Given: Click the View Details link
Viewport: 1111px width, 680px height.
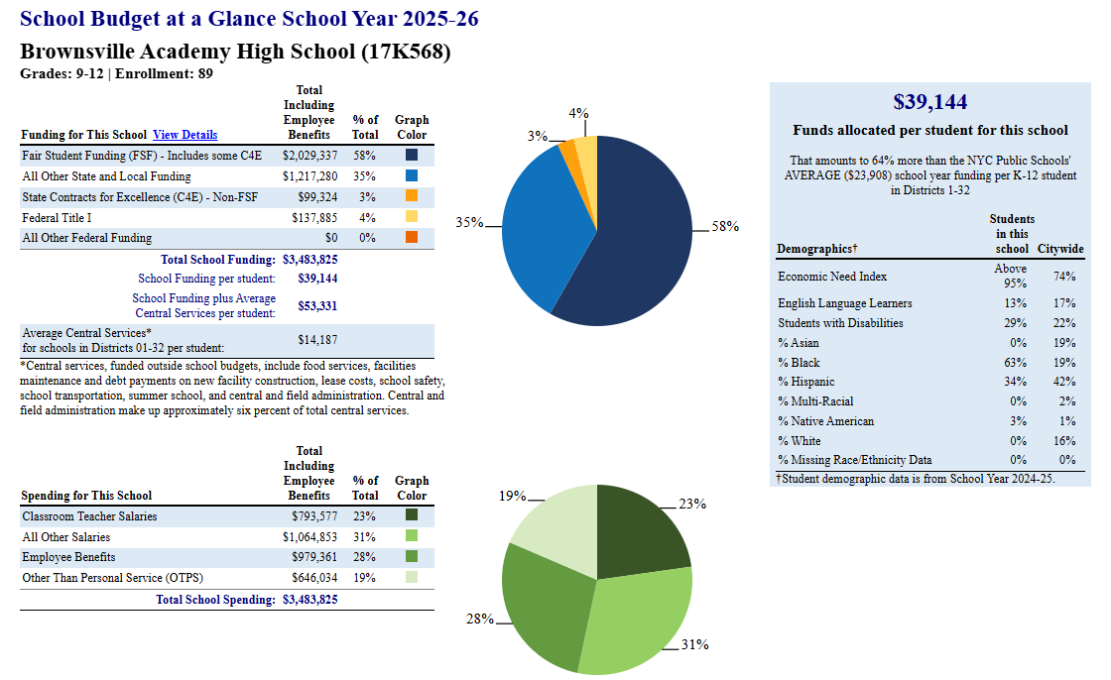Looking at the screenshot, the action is [185, 135].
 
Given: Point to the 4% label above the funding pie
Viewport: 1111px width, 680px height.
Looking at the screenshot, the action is [578, 113].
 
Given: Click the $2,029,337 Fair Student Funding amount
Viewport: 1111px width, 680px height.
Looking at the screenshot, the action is [309, 155].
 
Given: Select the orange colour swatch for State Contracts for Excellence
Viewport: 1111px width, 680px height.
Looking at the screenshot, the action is [412, 195].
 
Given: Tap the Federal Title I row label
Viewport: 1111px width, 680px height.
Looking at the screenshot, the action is [57, 217].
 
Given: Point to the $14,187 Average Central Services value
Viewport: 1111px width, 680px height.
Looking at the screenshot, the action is [317, 340].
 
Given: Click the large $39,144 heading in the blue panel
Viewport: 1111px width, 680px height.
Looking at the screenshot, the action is [929, 102].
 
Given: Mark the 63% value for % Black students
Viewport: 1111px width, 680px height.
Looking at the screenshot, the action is [1016, 363].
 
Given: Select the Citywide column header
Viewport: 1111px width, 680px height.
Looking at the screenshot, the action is [1060, 249].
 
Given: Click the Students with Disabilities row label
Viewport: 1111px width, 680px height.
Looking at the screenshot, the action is [840, 323].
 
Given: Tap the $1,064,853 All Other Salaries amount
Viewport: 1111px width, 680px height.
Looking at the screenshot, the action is [309, 537].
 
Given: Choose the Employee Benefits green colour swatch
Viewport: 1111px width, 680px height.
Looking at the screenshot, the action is [412, 556].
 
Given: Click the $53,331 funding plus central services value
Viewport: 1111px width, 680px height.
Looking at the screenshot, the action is [317, 306].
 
